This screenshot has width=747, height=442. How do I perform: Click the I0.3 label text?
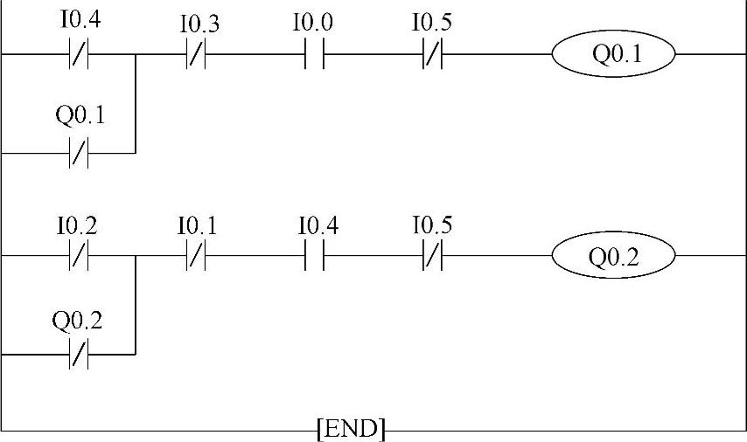[x=199, y=24]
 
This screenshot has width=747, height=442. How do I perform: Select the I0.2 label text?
[x=77, y=226]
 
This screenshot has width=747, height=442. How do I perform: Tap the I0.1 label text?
[x=197, y=226]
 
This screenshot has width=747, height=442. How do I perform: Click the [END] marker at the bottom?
[x=350, y=429]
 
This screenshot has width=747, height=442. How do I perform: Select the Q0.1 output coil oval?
[x=612, y=54]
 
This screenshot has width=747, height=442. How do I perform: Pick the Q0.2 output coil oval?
[x=612, y=256]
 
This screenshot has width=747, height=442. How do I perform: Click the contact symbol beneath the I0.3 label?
[x=196, y=54]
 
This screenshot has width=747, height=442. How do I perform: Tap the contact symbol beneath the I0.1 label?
[x=196, y=256]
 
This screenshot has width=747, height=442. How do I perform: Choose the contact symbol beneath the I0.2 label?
[x=79, y=256]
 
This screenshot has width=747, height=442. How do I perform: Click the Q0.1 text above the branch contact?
[x=80, y=114]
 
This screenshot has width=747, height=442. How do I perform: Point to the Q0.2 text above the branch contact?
[x=77, y=321]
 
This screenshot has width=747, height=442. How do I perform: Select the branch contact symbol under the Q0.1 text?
[x=79, y=153]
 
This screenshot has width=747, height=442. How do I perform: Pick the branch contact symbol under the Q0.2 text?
[x=79, y=355]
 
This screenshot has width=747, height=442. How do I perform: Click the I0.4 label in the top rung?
[x=80, y=20]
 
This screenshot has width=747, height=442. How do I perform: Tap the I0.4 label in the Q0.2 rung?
[x=318, y=226]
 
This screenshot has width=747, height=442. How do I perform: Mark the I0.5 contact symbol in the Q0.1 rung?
[x=432, y=54]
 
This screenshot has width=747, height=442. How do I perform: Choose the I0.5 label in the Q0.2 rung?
[x=432, y=226]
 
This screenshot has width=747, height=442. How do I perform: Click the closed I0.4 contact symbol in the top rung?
[x=79, y=54]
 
